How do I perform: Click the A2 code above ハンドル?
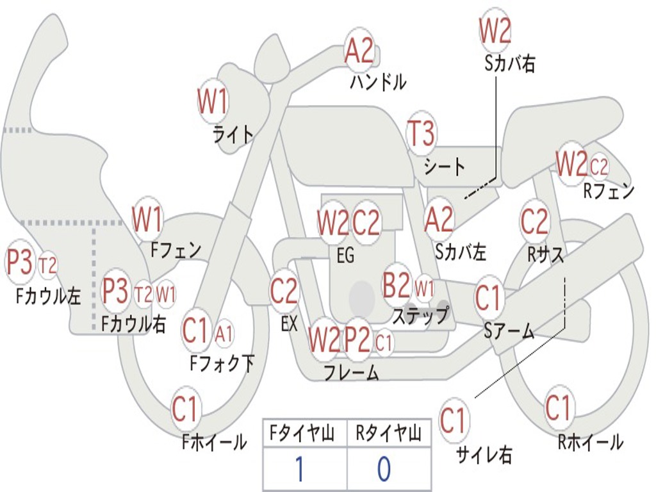359,51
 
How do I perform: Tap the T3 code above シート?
422,133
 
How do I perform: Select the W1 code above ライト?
213,101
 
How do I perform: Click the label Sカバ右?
510,63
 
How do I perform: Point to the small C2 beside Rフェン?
599,166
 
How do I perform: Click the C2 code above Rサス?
534,221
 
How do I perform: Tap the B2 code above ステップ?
397,285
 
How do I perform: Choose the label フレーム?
352,372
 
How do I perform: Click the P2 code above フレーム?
357,340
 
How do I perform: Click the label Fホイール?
214,442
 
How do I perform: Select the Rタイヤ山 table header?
388,433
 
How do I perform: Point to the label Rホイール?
591,442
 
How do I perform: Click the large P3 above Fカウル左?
19,262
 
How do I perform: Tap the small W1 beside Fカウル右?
166,294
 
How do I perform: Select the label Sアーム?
509,331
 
